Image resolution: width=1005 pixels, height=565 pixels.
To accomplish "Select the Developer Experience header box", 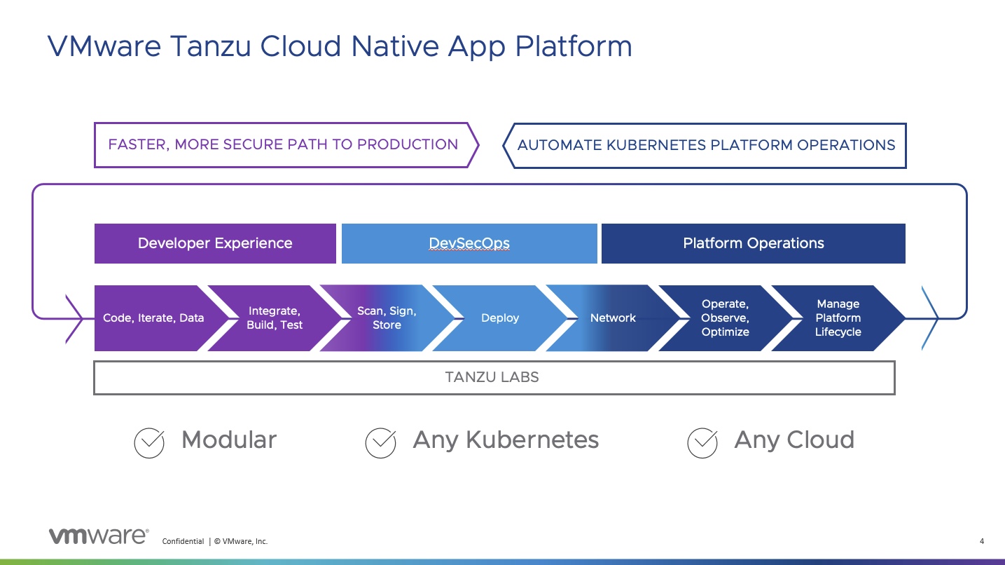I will [215, 243].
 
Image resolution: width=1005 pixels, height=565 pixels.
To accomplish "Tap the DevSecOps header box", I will [469, 243].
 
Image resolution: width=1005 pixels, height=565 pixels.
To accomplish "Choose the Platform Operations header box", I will [753, 243].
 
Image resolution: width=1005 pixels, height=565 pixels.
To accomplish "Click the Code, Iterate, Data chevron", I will [153, 318].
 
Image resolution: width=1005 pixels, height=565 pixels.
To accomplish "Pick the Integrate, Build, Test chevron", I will [275, 318].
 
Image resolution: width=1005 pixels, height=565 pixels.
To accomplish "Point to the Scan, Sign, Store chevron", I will [387, 318].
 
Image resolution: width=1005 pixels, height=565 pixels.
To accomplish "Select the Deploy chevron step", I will [500, 318].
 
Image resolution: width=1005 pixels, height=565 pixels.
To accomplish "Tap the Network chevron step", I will [613, 318].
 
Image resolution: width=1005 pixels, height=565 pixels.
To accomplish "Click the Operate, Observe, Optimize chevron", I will [725, 318].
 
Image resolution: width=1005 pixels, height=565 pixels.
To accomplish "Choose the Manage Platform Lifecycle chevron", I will [838, 318].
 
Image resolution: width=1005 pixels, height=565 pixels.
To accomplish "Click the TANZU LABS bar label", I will [492, 377].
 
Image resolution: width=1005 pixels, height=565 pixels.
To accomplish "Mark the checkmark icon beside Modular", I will [149, 442].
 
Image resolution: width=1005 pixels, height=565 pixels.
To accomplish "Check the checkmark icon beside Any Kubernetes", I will [381, 442].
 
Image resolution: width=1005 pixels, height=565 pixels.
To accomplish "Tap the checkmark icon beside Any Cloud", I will [702, 442].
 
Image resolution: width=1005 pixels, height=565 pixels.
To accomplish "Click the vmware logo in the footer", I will [98, 536].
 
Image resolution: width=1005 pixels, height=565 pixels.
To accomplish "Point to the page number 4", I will [981, 541].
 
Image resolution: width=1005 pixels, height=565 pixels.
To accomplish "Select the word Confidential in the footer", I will [183, 541].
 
